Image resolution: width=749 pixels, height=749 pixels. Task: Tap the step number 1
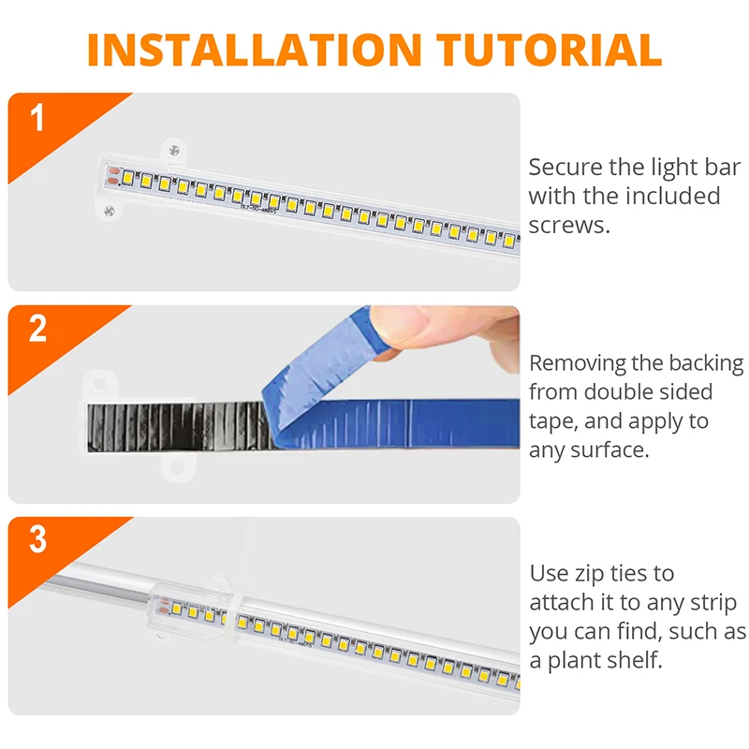pyautogui.click(x=37, y=119)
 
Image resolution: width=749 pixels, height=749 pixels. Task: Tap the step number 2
pyautogui.click(x=37, y=330)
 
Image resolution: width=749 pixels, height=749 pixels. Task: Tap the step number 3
pyautogui.click(x=37, y=540)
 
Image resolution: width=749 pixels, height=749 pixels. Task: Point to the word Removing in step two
pyautogui.click(x=580, y=363)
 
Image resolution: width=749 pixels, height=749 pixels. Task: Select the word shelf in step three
pyautogui.click(x=631, y=660)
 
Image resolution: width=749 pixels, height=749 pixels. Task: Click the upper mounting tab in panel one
pyautogui.click(x=173, y=150)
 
